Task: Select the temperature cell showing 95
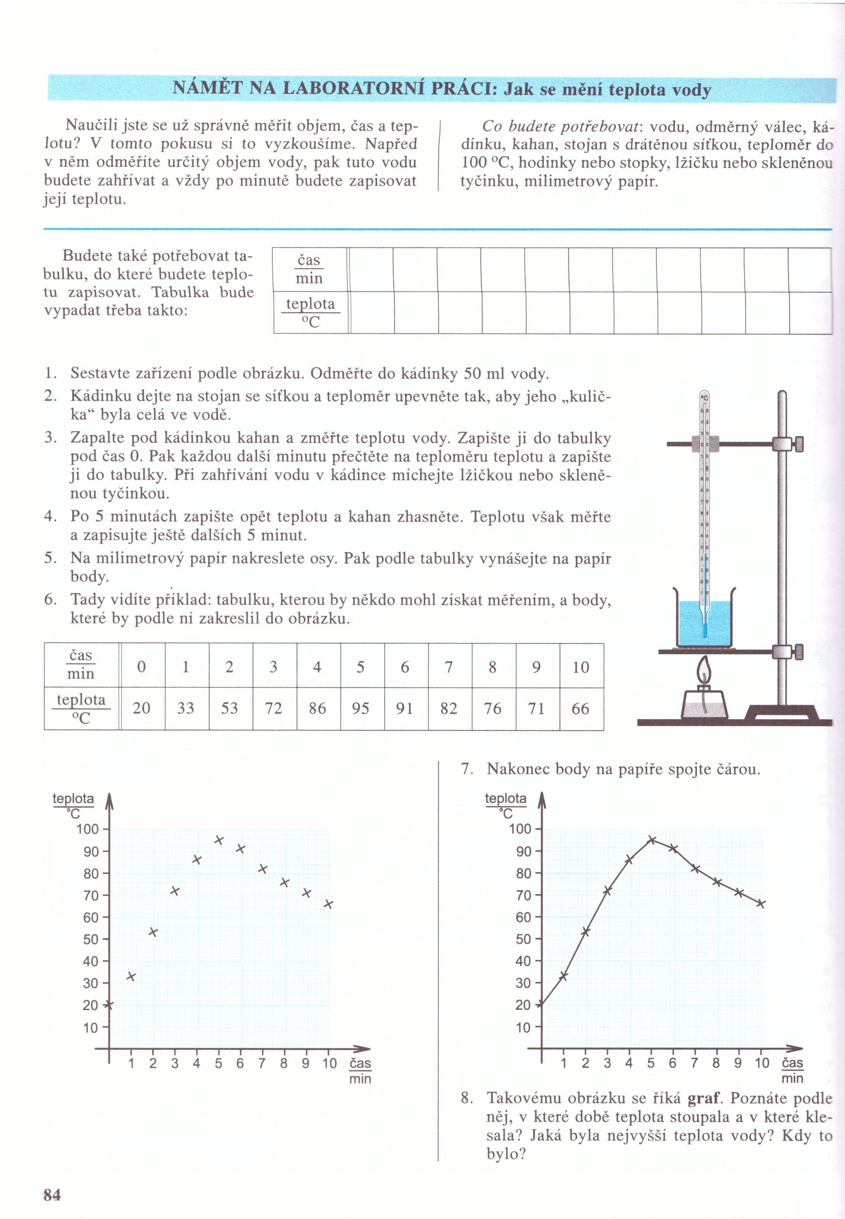coord(361,708)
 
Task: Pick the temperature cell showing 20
coord(141,708)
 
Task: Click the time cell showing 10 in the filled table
coord(581,667)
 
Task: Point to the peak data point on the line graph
coord(652,840)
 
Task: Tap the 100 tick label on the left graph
coord(88,829)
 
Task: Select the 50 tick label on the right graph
coord(523,939)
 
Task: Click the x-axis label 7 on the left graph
coord(262,1063)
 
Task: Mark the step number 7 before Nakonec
coord(466,769)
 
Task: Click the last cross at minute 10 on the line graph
coord(761,904)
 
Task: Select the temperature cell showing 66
coord(580,708)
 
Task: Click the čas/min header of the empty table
coord(309,269)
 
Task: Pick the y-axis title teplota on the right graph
coord(506,798)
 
